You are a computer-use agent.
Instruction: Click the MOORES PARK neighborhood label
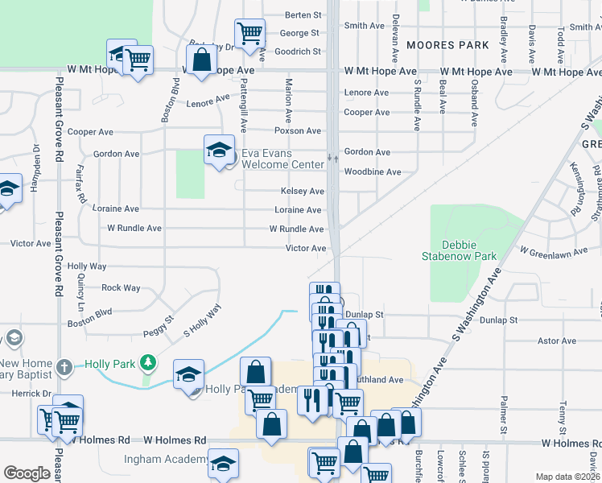[x=447, y=45]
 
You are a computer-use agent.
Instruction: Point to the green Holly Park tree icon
[x=147, y=364]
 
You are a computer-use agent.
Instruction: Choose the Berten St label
[x=303, y=15]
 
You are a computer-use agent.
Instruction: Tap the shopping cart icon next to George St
[x=250, y=34]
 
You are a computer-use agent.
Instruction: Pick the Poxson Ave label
[x=298, y=130]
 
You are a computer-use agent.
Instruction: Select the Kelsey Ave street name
[x=302, y=192]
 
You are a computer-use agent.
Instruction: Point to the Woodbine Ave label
[x=373, y=172]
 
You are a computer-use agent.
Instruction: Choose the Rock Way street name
[x=121, y=287]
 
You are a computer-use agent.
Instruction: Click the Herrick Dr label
[x=32, y=394]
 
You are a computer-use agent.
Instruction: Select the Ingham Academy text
[x=164, y=460]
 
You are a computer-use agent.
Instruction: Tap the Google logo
[x=27, y=473]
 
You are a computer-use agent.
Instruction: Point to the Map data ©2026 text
[x=567, y=477]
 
